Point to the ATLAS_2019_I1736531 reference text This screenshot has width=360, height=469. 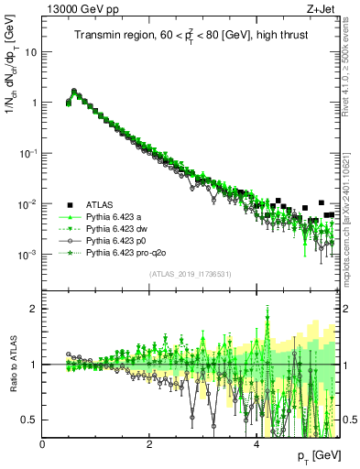[190, 274]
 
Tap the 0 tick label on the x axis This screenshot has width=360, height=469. [43, 443]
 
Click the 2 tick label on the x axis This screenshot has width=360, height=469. [149, 443]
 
